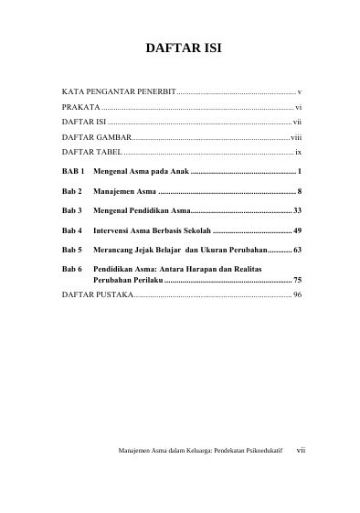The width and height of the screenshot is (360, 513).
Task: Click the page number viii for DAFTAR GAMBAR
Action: (x=295, y=134)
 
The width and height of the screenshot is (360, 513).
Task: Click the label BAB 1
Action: (x=73, y=171)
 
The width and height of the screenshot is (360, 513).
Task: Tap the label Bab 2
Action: (x=72, y=190)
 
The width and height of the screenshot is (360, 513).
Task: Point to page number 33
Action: (x=297, y=209)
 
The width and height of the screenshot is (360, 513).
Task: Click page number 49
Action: (x=297, y=230)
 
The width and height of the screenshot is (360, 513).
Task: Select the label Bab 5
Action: (x=72, y=249)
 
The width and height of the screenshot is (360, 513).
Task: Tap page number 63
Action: (x=297, y=249)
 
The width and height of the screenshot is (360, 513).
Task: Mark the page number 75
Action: (x=297, y=278)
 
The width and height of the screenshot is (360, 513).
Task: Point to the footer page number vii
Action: (x=302, y=476)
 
